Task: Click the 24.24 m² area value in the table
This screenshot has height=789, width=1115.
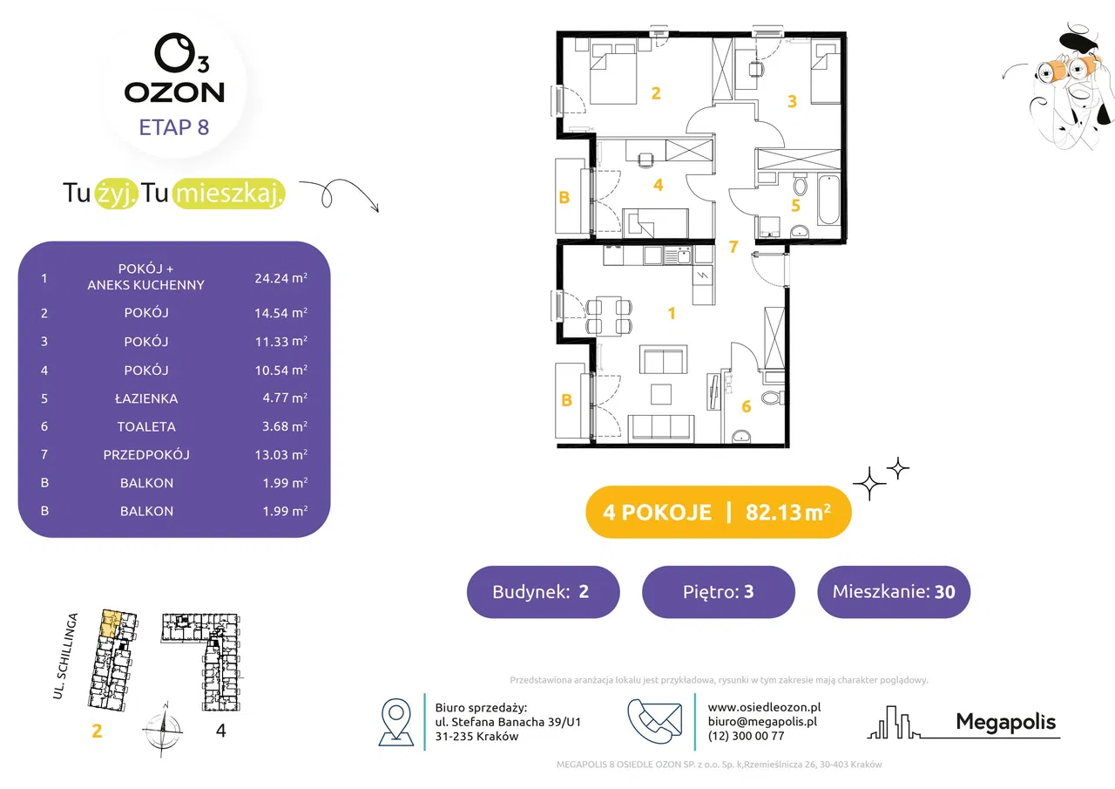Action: pos(280,278)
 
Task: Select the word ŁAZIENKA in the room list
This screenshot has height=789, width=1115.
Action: pos(146,398)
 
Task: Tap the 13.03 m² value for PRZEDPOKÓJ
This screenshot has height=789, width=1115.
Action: pos(280,454)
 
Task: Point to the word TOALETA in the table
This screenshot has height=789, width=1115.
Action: pos(146,426)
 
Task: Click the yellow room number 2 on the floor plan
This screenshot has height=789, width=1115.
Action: pos(656,93)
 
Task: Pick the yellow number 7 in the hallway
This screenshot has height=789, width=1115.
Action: pos(733,246)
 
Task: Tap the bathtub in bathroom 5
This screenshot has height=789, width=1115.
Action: pos(828,200)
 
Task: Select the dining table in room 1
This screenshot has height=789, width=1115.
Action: pos(609,315)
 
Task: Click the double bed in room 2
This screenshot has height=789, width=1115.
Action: pos(613,73)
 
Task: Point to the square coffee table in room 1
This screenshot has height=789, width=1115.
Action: pos(661,393)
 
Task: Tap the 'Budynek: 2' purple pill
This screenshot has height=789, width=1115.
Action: pos(543,592)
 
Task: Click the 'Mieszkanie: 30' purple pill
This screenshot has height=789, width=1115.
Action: pos(894,592)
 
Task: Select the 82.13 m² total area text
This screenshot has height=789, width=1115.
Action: pos(788,512)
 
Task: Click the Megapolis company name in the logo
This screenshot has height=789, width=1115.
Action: pos(1005,722)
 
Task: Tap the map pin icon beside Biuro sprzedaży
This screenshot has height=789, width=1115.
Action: pos(396,722)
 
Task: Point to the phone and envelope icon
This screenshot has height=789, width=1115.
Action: pos(654,721)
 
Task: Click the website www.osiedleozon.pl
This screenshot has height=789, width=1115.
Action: pos(764,707)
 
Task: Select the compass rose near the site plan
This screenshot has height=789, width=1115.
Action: pos(163,729)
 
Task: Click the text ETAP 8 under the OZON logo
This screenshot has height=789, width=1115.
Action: pos(173,127)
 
